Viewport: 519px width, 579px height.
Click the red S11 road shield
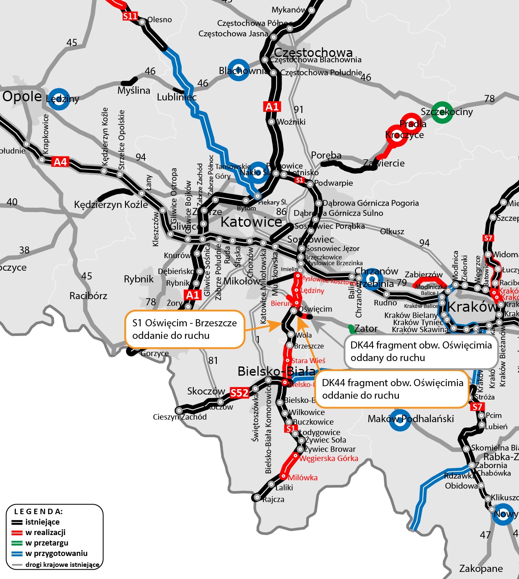tap(130, 16)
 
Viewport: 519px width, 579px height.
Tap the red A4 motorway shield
tap(60, 162)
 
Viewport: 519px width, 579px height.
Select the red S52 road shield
tap(239, 393)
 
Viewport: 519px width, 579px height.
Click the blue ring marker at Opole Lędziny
tap(59, 99)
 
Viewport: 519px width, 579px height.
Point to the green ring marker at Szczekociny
tap(442, 112)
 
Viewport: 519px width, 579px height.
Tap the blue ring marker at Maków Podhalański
tap(400, 420)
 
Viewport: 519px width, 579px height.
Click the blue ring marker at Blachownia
tap(239, 70)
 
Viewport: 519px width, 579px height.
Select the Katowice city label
tap(251, 222)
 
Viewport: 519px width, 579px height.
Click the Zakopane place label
tap(481, 569)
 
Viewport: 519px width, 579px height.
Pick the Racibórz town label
tap(88, 296)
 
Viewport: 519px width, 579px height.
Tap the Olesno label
tap(159, 20)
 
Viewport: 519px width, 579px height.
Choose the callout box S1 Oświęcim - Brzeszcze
tap(185, 329)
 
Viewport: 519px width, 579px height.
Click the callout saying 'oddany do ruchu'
tap(421, 351)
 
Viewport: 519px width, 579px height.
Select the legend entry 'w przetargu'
tap(46, 543)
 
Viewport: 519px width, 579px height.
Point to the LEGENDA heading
tap(39, 512)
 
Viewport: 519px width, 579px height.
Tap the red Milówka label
tap(303, 478)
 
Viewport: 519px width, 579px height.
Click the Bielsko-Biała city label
tap(276, 371)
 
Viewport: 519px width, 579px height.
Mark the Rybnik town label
tap(139, 279)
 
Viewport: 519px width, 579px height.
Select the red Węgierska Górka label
tap(329, 459)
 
